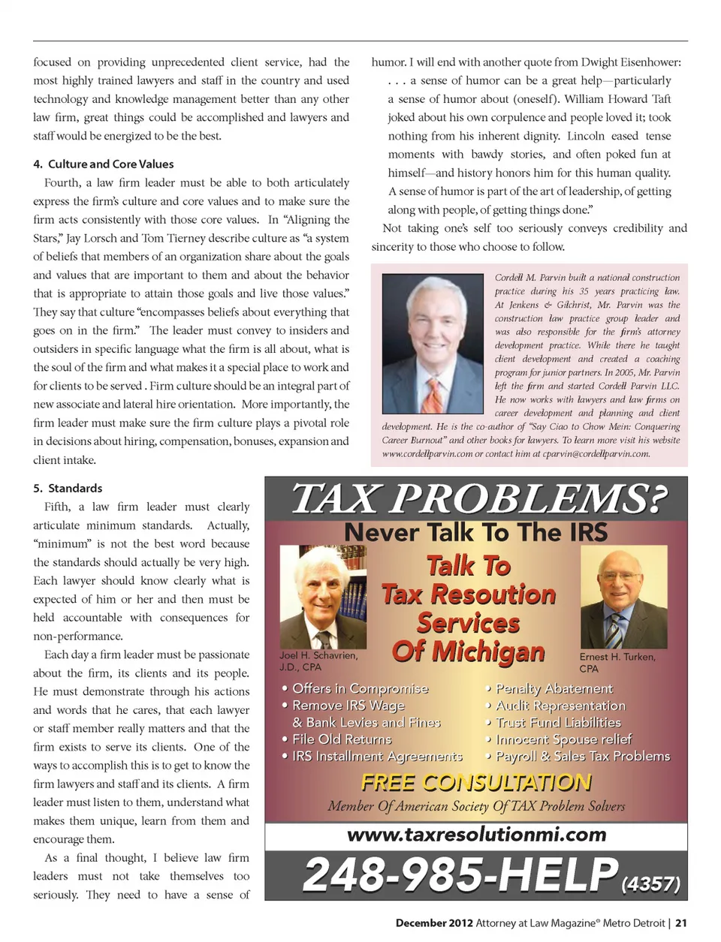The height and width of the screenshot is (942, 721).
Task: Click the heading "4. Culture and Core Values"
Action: [104, 164]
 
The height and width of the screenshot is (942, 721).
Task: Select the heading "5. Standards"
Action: [68, 489]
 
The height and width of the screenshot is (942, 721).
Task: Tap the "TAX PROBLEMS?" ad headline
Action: [478, 498]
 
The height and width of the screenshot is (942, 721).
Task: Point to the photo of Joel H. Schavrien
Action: [323, 597]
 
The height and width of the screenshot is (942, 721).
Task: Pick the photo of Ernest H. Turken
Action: [623, 597]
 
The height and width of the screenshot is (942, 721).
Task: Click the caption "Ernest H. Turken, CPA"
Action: [617, 663]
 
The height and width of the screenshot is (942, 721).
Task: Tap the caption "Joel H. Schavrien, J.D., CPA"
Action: [318, 661]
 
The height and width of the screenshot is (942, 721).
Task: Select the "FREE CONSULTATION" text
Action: [476, 783]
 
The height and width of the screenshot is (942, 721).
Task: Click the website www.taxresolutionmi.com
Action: [476, 835]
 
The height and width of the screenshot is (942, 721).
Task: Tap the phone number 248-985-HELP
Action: [460, 875]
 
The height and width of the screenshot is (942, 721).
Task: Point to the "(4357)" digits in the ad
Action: [650, 884]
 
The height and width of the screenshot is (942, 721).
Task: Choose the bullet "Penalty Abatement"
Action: [554, 688]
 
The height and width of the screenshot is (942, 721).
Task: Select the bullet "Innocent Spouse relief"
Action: [563, 739]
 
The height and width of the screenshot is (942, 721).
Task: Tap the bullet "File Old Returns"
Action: [342, 739]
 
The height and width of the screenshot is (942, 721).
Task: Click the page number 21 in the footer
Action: [680, 923]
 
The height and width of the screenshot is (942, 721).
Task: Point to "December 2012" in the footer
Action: [434, 923]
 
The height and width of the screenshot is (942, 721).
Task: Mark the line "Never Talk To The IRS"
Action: [476, 532]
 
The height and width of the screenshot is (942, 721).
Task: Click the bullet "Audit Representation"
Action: [560, 706]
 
